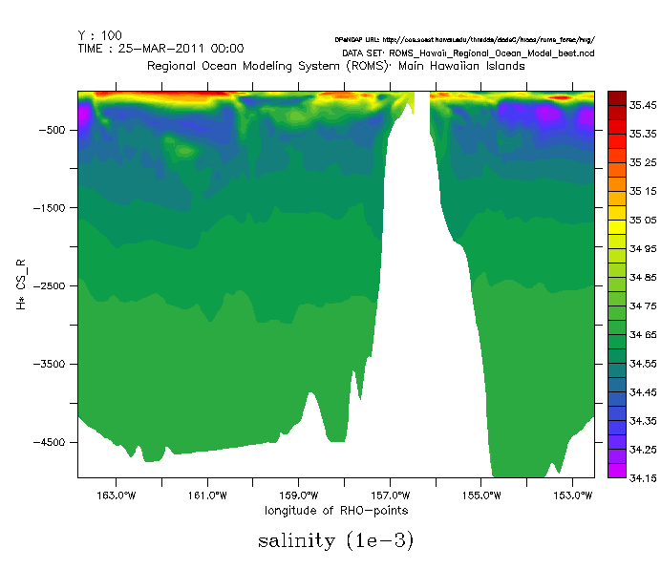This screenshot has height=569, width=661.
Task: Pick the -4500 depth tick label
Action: coord(53,443)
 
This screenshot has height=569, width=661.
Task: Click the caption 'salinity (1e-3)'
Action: coord(335,541)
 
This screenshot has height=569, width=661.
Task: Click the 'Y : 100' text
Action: coord(100,34)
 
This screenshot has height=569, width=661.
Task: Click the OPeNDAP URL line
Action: coord(464,40)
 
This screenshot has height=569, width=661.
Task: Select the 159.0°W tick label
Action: coord(298,495)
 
